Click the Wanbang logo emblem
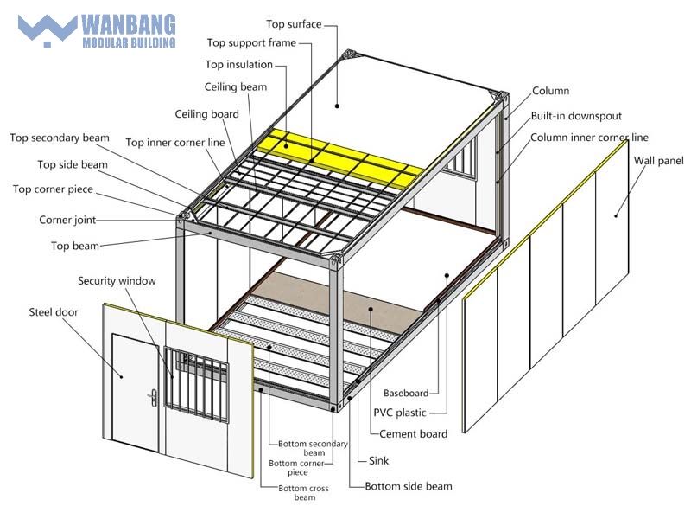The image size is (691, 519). (48, 29)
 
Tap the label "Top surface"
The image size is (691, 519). (293, 23)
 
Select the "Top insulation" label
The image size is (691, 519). (239, 65)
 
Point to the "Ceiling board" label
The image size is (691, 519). (207, 114)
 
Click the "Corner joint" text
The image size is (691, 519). (67, 220)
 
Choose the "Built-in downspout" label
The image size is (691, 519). (576, 116)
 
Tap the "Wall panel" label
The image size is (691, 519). (658, 160)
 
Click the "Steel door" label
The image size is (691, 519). (54, 311)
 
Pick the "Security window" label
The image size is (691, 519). (117, 280)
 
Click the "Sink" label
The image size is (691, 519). (378, 461)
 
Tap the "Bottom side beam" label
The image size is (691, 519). (408, 486)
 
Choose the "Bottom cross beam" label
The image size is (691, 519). (302, 493)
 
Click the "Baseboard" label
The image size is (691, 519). (406, 394)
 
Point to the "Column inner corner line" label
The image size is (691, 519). (589, 138)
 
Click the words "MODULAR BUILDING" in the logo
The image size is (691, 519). (129, 41)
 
